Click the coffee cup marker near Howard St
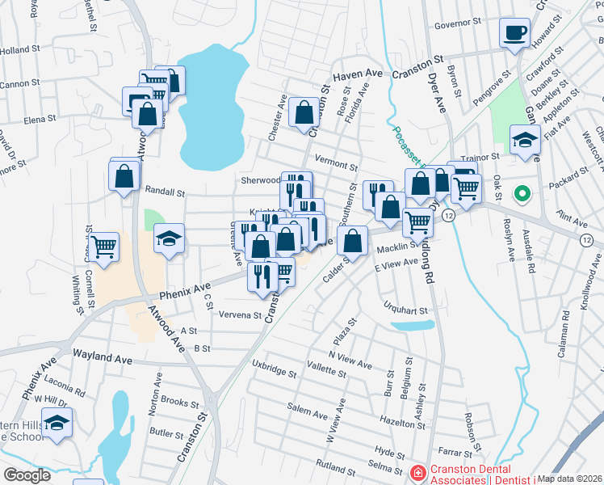(515, 32)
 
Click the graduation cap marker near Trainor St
(525, 141)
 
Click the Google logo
(27, 475)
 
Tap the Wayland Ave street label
(102, 356)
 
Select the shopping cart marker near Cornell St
(103, 247)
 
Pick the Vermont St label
(336, 165)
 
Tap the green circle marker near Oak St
(522, 194)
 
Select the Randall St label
(165, 192)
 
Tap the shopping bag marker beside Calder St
(352, 239)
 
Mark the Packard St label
(571, 173)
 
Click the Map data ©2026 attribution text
(569, 479)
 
